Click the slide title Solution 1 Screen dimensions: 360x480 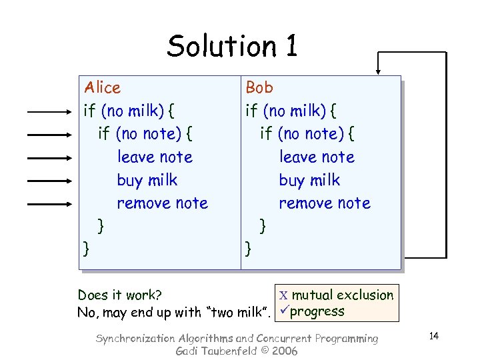(232, 46)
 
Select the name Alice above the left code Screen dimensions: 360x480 (102, 87)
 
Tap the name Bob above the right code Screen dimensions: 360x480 (259, 87)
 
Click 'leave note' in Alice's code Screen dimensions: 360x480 (155, 157)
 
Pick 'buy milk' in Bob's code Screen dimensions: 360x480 (309, 181)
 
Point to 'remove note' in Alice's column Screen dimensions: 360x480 (162, 203)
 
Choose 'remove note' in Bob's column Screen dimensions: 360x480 (324, 203)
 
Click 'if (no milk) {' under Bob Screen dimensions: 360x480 (291, 111)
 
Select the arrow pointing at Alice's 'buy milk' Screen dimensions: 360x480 (51, 181)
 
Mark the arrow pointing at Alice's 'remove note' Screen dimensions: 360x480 (51, 203)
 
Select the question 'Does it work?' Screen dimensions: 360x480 (121, 295)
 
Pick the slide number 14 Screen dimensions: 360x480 (433, 335)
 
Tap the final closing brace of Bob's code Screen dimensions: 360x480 (249, 249)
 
